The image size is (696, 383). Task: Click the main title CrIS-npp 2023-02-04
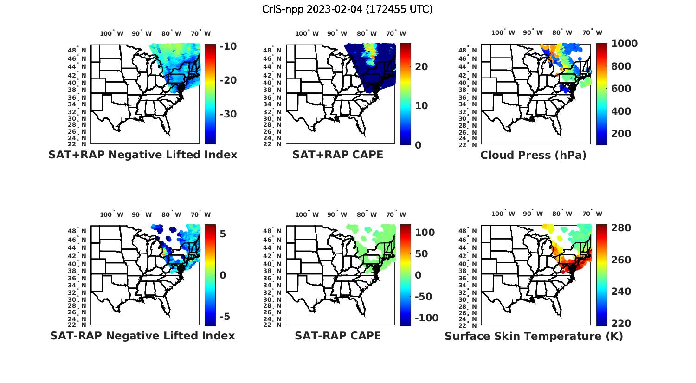click(347, 9)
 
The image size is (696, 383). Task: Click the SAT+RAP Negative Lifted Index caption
click(142, 155)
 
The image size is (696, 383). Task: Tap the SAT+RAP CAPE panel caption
click(338, 155)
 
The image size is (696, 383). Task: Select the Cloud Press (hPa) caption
click(533, 155)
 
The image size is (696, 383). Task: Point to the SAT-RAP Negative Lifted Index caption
click(142, 336)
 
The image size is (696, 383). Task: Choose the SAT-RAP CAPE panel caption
click(338, 336)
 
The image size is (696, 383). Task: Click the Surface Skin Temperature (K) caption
click(534, 336)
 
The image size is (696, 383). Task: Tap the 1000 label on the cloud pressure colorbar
click(624, 44)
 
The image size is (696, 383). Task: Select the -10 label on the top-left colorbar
click(228, 46)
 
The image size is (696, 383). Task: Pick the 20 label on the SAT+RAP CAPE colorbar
click(421, 67)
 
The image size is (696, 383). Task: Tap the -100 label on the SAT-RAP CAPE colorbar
click(426, 318)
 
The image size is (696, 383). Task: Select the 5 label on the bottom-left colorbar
click(223, 234)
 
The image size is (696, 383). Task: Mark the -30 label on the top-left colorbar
click(228, 114)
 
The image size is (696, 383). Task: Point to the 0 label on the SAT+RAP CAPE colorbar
click(418, 145)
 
